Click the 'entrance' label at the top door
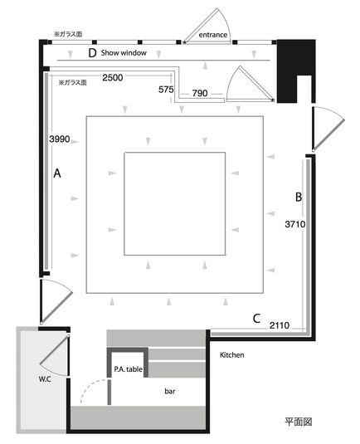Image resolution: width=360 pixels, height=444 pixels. click(213, 35)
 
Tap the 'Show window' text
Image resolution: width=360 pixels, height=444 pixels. click(124, 52)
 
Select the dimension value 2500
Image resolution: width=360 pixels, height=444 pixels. click(113, 77)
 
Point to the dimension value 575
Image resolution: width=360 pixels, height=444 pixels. click(166, 90)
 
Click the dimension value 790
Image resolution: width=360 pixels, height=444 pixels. click(200, 93)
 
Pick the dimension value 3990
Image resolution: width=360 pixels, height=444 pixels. click(60, 139)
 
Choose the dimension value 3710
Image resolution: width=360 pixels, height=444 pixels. click(295, 224)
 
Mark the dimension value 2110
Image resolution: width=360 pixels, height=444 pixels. click(280, 325)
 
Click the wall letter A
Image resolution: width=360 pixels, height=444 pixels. click(57, 173)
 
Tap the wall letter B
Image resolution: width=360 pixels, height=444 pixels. click(299, 197)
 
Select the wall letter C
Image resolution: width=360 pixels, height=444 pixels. click(256, 319)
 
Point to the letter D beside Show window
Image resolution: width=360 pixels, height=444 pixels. click(92, 53)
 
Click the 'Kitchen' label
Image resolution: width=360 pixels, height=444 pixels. click(231, 355)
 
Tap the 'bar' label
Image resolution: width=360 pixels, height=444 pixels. click(170, 391)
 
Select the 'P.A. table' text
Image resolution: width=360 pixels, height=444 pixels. click(129, 369)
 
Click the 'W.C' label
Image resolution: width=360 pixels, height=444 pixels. click(45, 379)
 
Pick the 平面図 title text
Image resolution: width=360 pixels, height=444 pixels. click(299, 422)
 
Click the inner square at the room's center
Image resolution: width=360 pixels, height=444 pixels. click(175, 153)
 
